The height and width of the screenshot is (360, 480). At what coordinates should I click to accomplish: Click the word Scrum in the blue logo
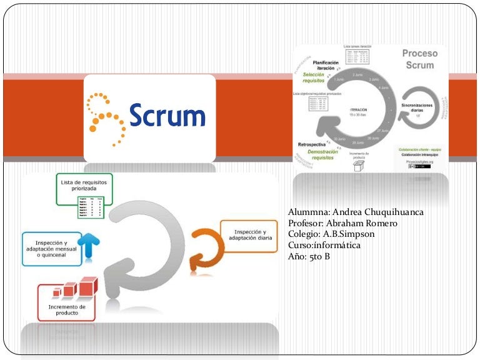(x=167, y=116)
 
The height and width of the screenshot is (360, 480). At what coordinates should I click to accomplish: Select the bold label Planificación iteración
(x=326, y=66)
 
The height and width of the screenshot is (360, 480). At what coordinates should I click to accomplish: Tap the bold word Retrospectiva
(x=314, y=144)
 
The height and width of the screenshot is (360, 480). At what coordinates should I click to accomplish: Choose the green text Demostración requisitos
(x=323, y=154)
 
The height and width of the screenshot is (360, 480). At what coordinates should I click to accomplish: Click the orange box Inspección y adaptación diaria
(x=249, y=236)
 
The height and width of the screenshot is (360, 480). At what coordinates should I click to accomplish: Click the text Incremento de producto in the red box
(x=67, y=309)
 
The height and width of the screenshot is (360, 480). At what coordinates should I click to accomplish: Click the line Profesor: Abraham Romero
(x=343, y=224)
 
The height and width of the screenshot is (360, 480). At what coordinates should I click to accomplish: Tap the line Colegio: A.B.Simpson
(x=332, y=234)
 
